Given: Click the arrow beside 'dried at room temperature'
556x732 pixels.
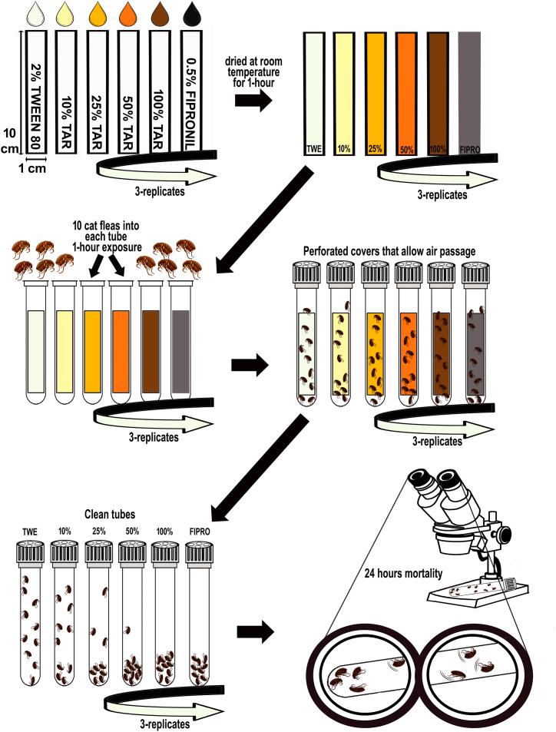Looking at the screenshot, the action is tap(261, 100).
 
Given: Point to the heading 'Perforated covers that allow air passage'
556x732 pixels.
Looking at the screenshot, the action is tap(389, 250).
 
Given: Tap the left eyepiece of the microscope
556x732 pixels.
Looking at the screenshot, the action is tap(421, 478).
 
